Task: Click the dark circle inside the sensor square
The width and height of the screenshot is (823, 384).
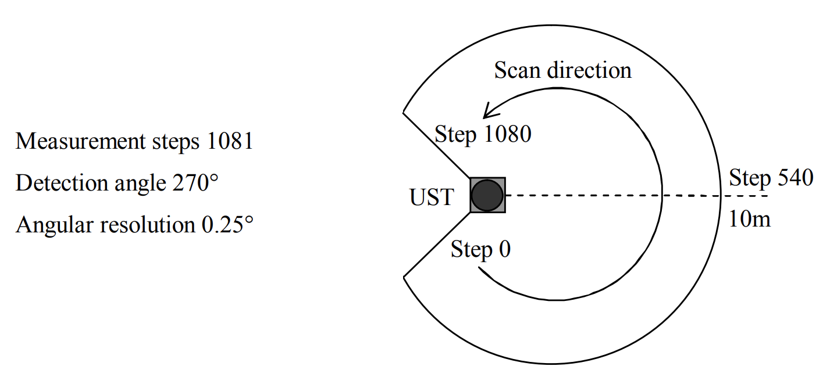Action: tap(487, 195)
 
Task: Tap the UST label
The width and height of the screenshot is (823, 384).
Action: tap(432, 198)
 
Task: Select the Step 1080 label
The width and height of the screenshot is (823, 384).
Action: tap(483, 135)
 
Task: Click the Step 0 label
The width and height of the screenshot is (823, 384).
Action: tap(480, 250)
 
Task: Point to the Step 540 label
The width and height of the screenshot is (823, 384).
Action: tap(771, 178)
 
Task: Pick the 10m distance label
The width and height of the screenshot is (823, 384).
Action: tap(750, 220)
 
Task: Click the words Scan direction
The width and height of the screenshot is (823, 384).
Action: tap(562, 70)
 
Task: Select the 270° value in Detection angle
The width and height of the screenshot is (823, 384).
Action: tap(195, 183)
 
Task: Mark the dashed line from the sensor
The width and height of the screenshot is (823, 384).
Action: tap(611, 195)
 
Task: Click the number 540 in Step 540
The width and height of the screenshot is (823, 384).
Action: tap(793, 178)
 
